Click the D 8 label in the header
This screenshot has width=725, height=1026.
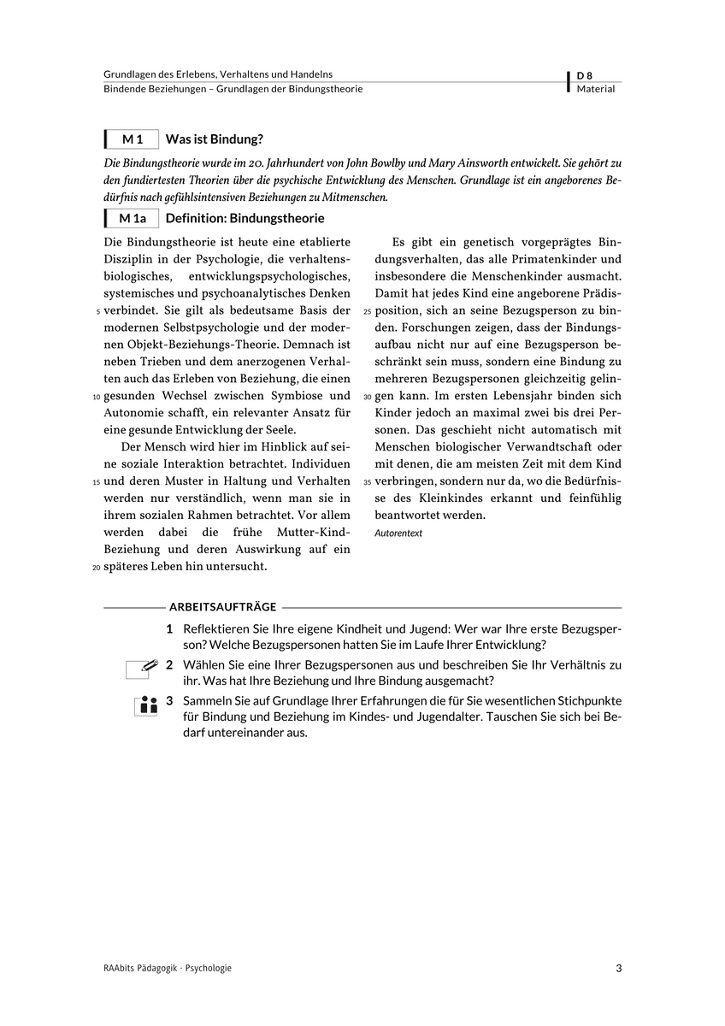(585, 75)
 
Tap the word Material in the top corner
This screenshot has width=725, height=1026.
(596, 89)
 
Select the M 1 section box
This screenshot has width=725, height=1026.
(133, 139)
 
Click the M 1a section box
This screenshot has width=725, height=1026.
(133, 218)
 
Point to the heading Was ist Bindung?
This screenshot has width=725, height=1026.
(214, 139)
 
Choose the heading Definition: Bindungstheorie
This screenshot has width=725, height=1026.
(245, 218)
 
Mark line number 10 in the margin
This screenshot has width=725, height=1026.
(96, 397)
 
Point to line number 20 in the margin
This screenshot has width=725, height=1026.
(96, 568)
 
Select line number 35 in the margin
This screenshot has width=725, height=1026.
(368, 482)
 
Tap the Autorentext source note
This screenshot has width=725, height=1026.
(398, 534)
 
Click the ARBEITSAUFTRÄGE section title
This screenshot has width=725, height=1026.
(223, 607)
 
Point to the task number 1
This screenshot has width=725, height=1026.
(170, 629)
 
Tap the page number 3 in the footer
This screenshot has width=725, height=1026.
(618, 969)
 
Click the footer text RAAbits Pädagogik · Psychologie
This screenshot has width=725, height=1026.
(168, 969)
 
